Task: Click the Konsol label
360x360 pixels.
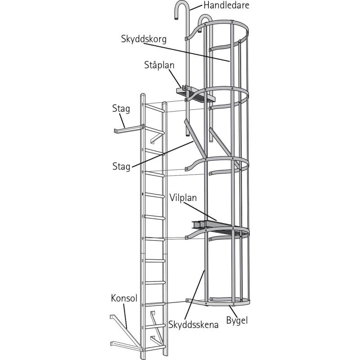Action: click(124, 298)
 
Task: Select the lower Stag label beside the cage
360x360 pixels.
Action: click(122, 166)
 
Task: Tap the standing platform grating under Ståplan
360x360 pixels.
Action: click(198, 95)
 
